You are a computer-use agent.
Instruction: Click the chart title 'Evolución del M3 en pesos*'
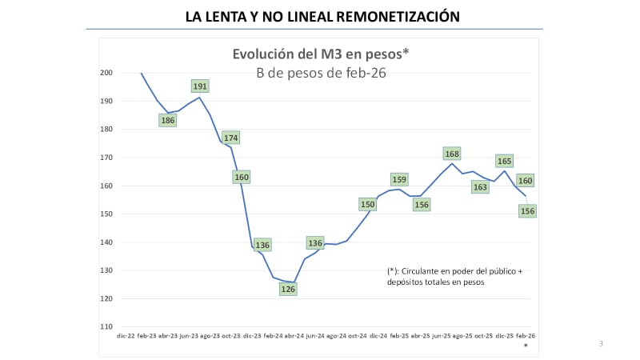coord(320,54)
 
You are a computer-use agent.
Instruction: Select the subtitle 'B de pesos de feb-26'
coord(320,73)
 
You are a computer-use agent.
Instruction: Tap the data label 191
coord(201,86)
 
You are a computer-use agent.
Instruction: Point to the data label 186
coord(168,121)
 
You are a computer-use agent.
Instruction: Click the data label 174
coord(231,138)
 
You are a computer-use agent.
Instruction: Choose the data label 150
coord(368,204)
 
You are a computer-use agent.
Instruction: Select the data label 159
coord(399,179)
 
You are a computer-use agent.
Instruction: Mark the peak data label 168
coord(452,154)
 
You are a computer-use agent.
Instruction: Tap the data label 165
coord(504,161)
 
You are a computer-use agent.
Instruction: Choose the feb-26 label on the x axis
coord(525,336)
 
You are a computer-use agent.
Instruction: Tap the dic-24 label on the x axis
coord(378,336)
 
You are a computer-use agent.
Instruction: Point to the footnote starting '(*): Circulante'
coord(454,277)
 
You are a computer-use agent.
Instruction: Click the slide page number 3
coord(601,344)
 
